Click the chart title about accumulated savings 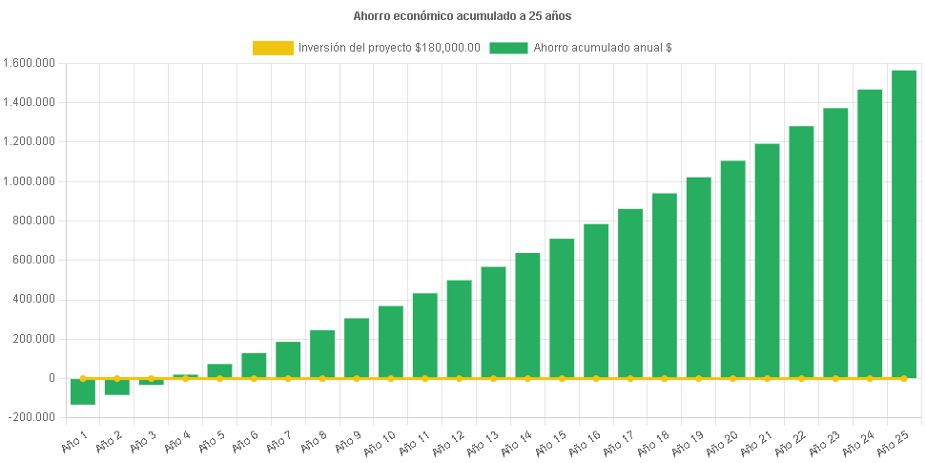click(463, 16)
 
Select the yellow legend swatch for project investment click(273, 48)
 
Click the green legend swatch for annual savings click(508, 48)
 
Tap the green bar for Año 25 click(904, 223)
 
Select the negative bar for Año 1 click(83, 391)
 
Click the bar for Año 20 click(732, 269)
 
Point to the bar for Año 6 click(254, 365)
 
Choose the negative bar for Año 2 click(117, 387)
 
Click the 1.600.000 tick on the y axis click(30, 63)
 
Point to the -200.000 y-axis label click(30, 417)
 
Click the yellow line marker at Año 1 click(83, 378)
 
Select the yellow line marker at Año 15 click(562, 378)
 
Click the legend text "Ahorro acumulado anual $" click(603, 48)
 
